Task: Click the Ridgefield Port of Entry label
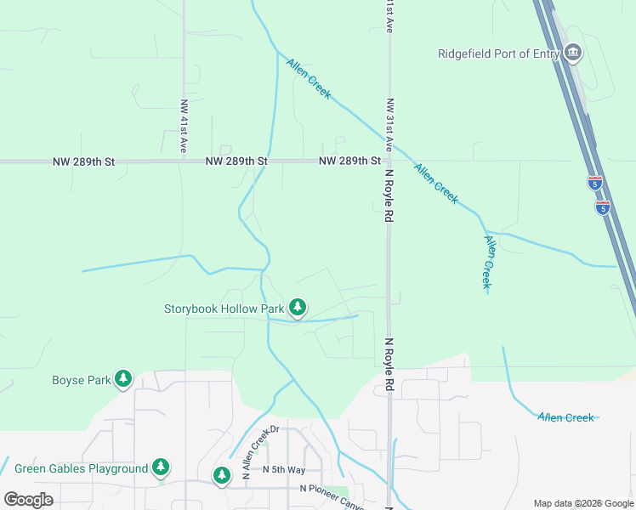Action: point(498,54)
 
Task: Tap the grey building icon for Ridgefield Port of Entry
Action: point(573,53)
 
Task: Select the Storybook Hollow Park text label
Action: point(224,309)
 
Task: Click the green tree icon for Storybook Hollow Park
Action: point(297,308)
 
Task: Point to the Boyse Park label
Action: point(82,380)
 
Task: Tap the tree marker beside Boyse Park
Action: point(123,378)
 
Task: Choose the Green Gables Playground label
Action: point(82,468)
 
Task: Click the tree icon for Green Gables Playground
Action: point(161,467)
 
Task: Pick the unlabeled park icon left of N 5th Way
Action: point(222,474)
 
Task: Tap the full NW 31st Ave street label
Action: point(390,127)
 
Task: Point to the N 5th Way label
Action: point(284,469)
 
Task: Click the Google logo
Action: point(28,499)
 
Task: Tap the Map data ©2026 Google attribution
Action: point(582,503)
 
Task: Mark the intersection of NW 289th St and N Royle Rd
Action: point(389,161)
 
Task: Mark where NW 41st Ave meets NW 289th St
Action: point(185,161)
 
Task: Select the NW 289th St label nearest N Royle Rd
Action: point(350,161)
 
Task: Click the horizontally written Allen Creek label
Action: point(565,417)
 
